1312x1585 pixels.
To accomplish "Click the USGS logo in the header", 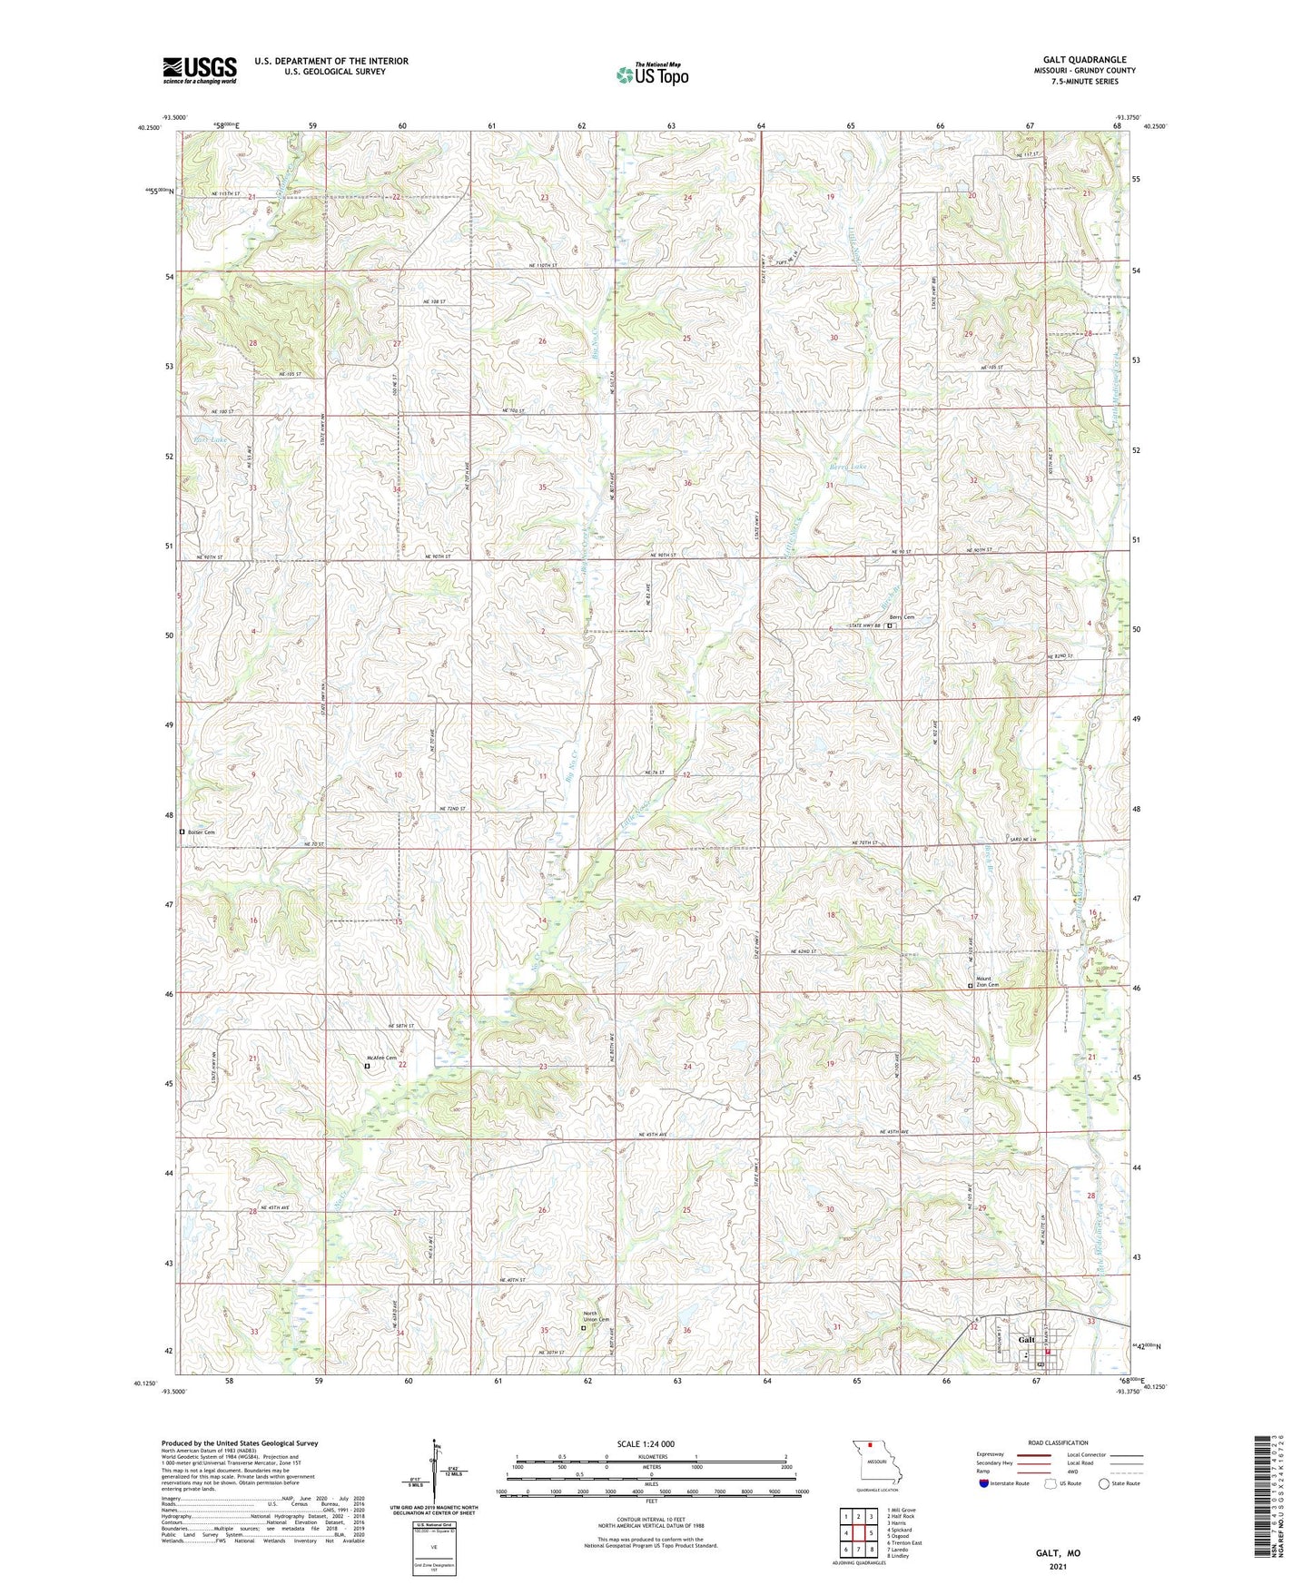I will [x=200, y=70].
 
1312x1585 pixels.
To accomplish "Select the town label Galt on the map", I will [x=1026, y=1340].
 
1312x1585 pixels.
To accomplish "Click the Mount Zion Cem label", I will [x=987, y=981].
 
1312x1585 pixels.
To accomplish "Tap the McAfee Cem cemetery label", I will [x=381, y=1058].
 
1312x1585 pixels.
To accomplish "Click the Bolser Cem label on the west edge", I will [x=201, y=832].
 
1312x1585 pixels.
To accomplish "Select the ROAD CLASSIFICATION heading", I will [x=1059, y=1442].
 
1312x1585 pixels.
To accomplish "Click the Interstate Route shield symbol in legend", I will [x=984, y=1483].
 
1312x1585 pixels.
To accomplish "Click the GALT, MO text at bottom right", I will [x=1058, y=1553].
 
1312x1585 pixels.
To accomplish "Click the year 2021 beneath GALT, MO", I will [x=1058, y=1566].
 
